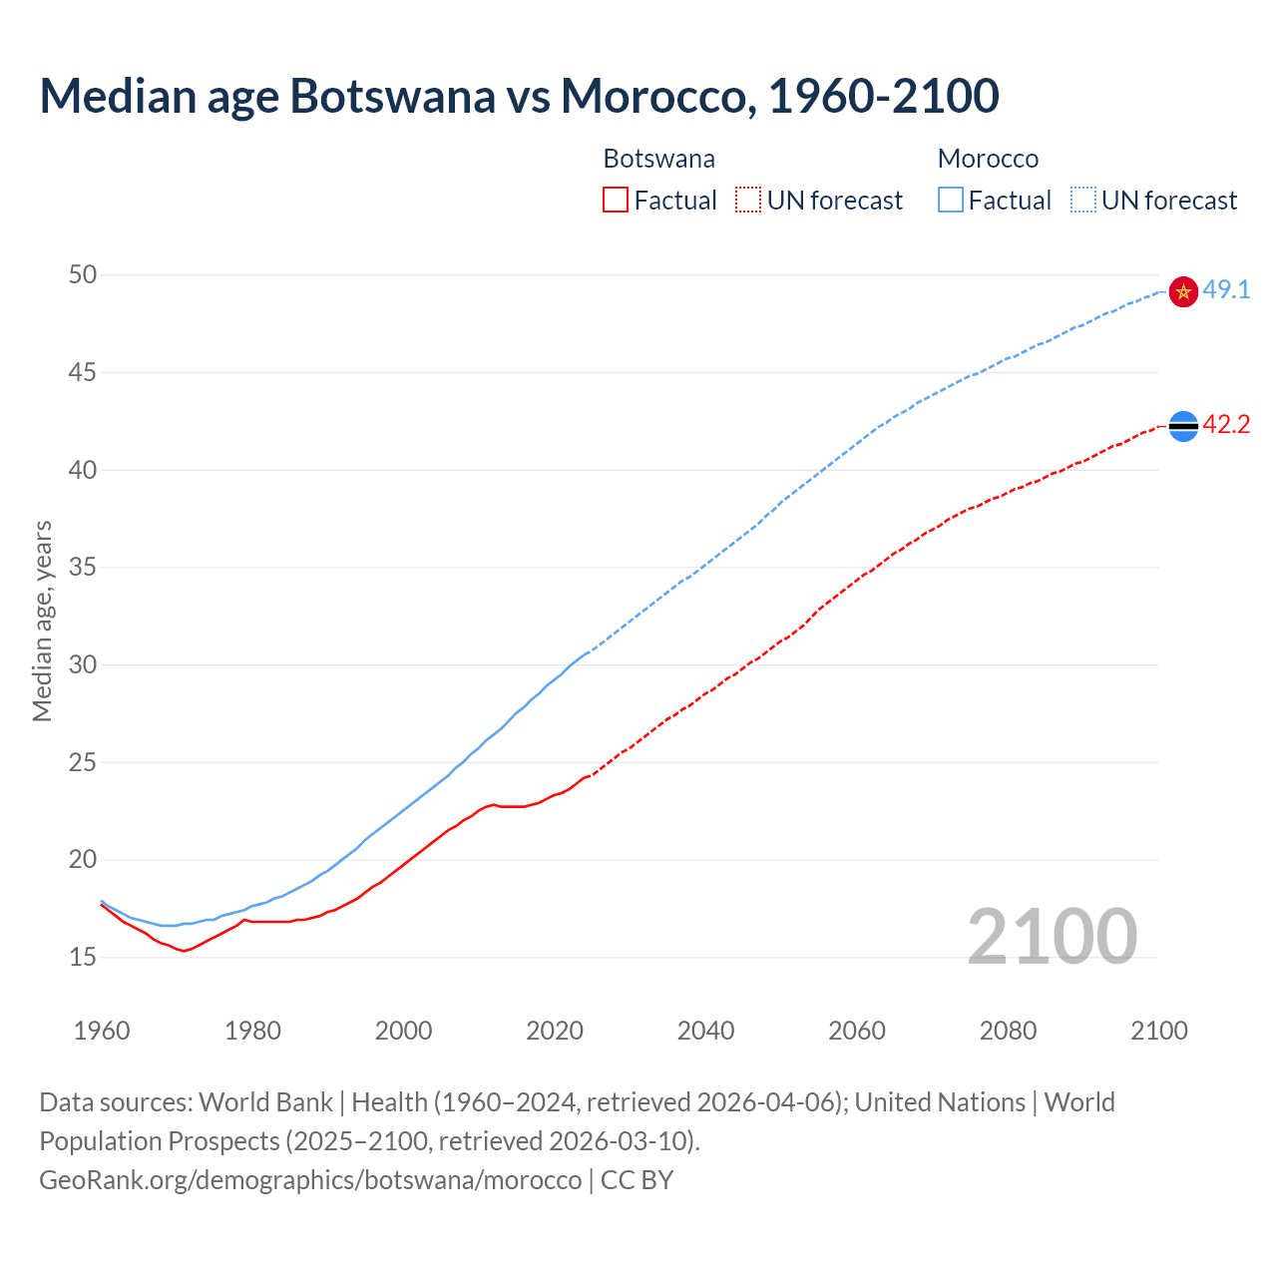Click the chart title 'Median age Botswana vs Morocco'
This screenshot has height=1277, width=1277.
pos(519,96)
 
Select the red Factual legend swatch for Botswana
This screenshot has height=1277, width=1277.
pos(616,201)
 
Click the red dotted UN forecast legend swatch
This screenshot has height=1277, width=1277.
pos(748,201)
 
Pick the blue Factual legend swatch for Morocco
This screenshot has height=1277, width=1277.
pos(951,201)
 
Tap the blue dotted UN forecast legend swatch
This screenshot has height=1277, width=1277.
pos(1083,201)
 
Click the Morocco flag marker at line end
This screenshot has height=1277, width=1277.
pos(1183,291)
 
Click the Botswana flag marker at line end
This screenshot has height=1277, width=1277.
pos(1183,426)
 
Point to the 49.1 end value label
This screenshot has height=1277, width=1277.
pos(1226,290)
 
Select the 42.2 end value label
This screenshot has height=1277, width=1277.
pos(1226,425)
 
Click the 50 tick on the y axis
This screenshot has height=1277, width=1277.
pos(83,274)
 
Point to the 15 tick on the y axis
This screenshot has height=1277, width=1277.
pos(83,958)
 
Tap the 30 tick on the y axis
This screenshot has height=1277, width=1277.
pos(83,664)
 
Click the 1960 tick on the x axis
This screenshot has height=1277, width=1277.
pos(102,1031)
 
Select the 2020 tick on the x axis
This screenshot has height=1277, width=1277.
pos(555,1031)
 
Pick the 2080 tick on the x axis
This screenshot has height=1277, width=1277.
pos(1008,1031)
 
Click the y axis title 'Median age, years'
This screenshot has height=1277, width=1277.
pos(42,621)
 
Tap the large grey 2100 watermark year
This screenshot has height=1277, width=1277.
pos(1053,936)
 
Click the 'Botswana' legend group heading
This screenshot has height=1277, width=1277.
pos(658,159)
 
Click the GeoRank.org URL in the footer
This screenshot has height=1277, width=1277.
pos(310,1180)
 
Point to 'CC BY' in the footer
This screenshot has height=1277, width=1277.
pos(637,1180)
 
